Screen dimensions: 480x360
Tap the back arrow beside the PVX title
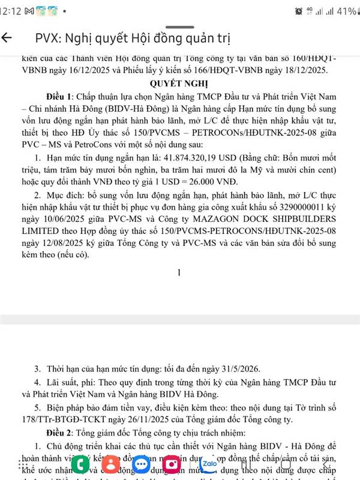[8, 38]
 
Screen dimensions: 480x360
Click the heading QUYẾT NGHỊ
[179, 83]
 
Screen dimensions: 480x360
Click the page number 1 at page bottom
[179, 272]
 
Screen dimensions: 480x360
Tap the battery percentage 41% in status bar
[346, 11]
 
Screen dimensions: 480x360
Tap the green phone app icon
[80, 464]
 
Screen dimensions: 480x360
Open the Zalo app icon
[209, 464]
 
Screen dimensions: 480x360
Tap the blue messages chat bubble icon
[142, 464]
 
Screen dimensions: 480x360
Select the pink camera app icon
[172, 464]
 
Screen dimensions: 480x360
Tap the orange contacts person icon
[110, 464]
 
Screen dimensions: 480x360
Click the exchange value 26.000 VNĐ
[210, 182]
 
